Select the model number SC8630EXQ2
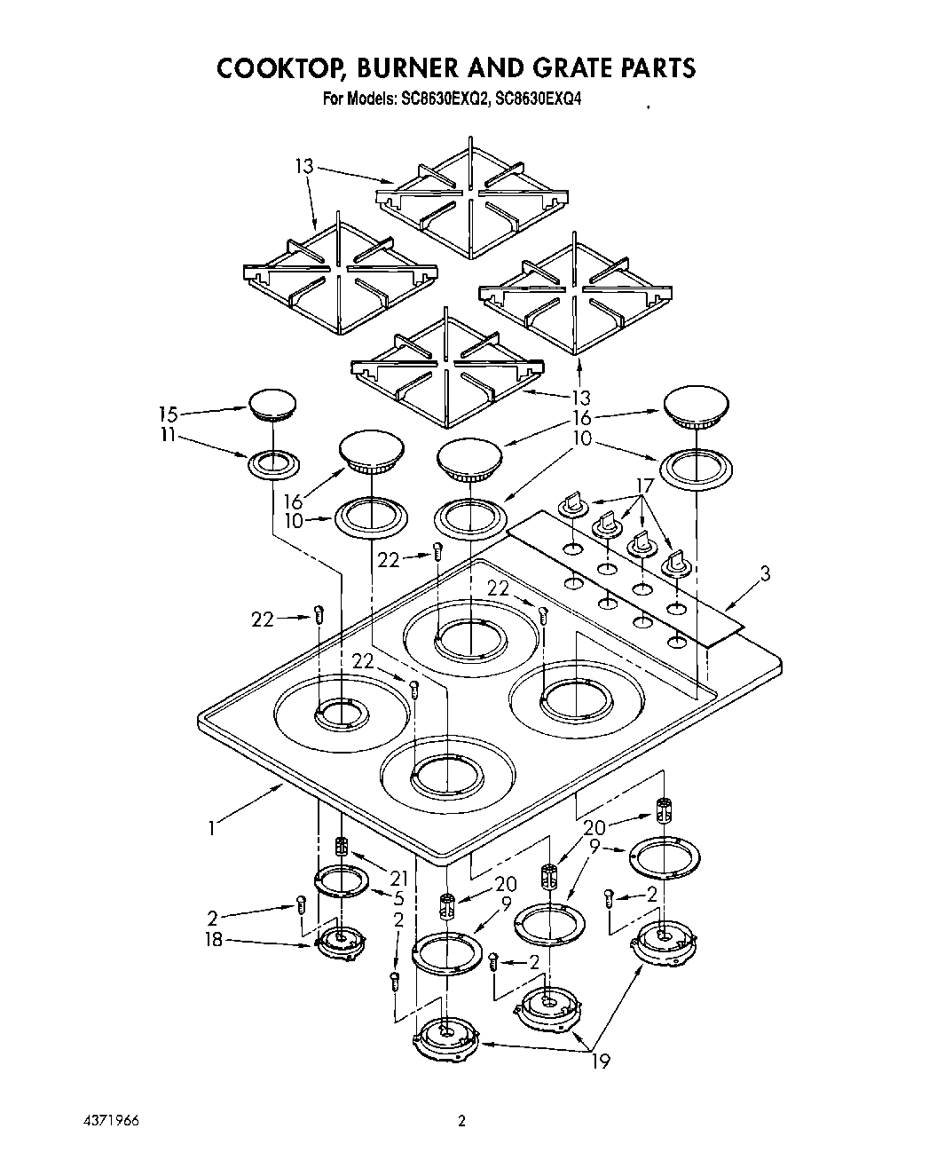(x=440, y=100)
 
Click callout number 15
(x=168, y=414)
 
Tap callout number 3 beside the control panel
(x=764, y=574)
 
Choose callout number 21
(x=398, y=877)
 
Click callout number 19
(x=601, y=1061)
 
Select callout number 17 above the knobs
(x=644, y=485)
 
